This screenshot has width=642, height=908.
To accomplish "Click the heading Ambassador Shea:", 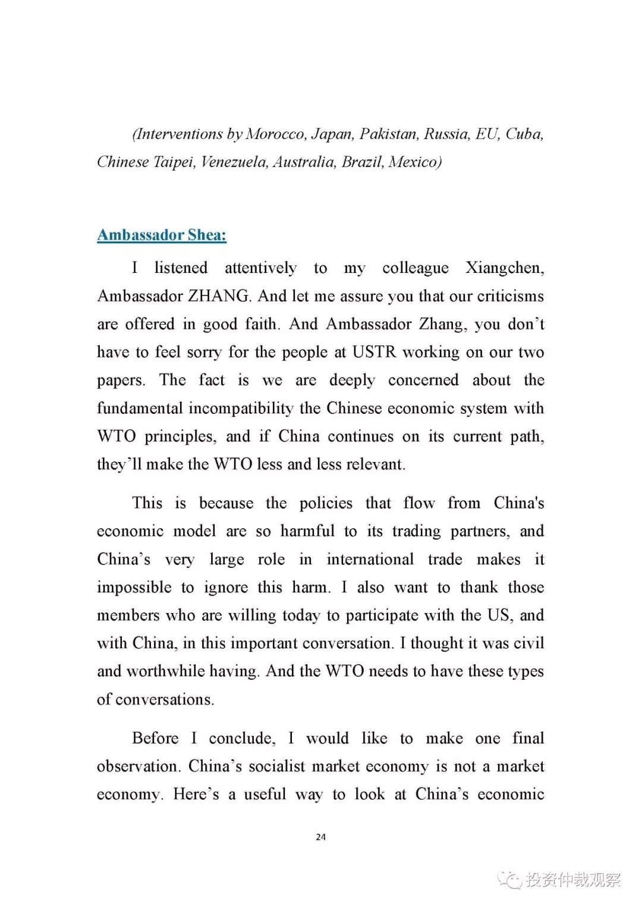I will click(162, 235).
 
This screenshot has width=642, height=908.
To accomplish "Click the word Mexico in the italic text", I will click(414, 162).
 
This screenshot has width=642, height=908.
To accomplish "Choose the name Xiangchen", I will click(504, 268).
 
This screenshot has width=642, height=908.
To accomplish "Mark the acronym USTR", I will click(374, 352).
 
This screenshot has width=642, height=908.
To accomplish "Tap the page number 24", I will click(321, 837).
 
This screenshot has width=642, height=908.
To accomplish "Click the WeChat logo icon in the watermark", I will click(510, 879).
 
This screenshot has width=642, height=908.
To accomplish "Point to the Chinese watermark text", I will click(573, 879).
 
